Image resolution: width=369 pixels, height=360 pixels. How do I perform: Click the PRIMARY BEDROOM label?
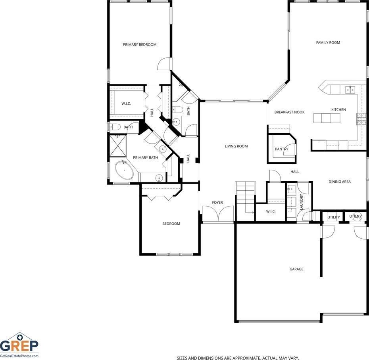140,44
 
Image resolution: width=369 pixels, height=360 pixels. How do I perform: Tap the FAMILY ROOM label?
328,42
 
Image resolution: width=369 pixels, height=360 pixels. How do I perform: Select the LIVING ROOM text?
236,146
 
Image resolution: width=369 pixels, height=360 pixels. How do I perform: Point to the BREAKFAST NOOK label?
289,112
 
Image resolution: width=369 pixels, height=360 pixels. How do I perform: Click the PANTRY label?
281,149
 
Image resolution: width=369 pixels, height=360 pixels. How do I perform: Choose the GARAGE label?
296,269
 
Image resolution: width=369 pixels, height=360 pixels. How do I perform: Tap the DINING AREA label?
339,182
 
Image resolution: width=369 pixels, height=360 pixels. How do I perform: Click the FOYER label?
217,203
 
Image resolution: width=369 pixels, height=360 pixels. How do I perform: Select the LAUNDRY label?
302,202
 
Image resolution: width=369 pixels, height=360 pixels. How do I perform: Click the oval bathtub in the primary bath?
124,170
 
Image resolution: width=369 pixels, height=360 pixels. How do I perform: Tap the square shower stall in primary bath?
118,146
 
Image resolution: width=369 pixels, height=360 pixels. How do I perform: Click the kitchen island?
327,118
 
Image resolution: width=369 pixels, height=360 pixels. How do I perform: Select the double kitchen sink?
350,90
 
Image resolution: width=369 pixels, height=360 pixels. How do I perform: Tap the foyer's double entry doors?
218,214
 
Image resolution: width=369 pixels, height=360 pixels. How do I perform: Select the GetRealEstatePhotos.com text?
19,356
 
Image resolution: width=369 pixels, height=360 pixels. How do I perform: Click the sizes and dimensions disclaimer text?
238,358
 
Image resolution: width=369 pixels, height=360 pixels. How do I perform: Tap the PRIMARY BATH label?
146,157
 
